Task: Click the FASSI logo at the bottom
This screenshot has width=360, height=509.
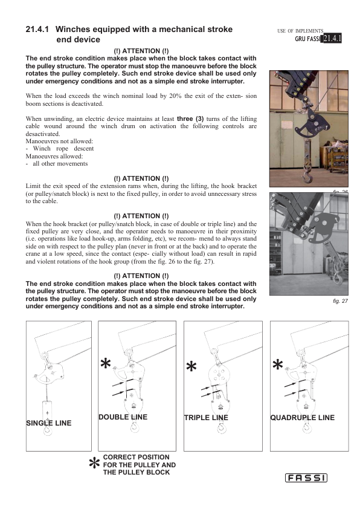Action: tap(306, 478)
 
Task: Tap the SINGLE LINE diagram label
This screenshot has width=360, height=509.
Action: tap(49, 423)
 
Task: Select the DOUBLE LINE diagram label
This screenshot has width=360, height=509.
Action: tap(123, 417)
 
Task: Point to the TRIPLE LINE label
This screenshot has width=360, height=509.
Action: tap(206, 418)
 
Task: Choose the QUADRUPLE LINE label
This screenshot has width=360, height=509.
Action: tap(303, 418)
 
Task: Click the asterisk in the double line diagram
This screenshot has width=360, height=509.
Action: tap(106, 363)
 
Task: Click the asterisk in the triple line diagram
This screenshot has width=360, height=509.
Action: tap(191, 366)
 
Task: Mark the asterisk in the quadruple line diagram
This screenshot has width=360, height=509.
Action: tap(278, 365)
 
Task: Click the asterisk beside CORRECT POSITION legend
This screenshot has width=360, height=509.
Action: tap(94, 463)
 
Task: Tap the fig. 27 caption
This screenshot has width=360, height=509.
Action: tap(340, 301)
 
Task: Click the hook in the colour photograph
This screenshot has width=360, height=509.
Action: tap(306, 177)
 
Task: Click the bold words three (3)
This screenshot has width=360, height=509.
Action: tap(190, 119)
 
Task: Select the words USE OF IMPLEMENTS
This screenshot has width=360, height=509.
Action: tap(300, 31)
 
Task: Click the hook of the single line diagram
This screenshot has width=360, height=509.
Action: tap(48, 430)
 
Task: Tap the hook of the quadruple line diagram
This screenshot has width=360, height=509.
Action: tap(307, 429)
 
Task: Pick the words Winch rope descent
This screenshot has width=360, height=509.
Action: tap(63, 149)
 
